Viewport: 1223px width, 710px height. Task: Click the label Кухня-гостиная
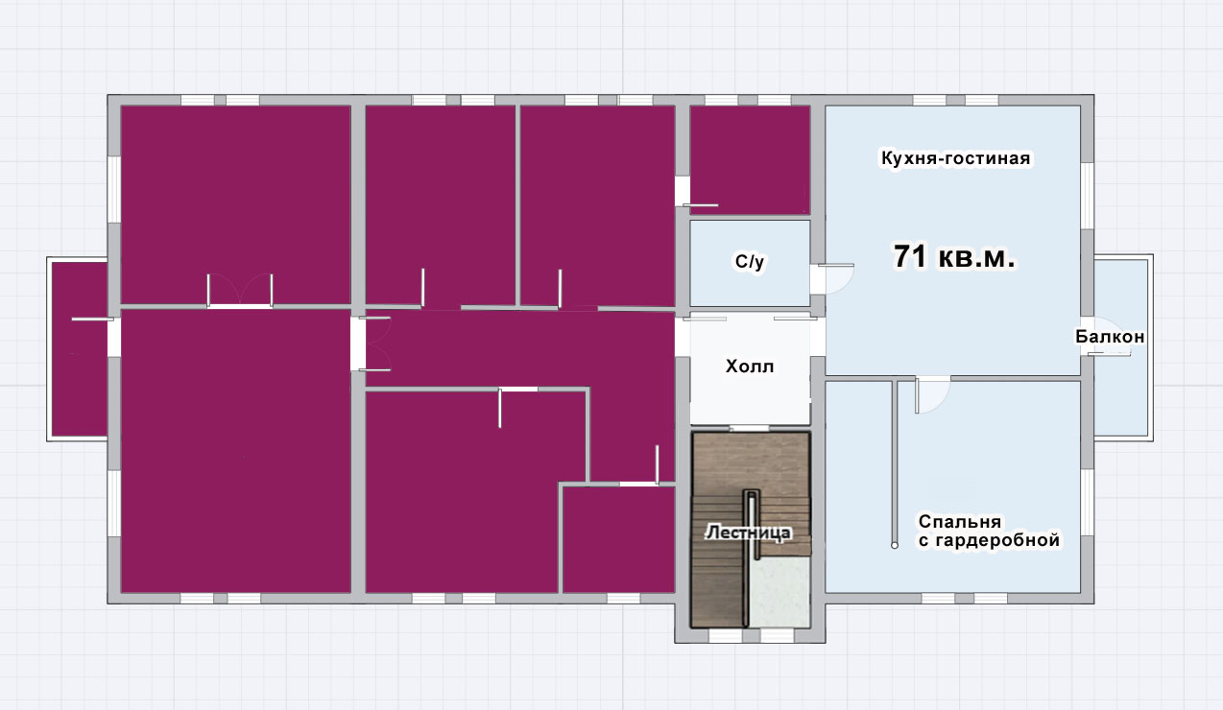[955, 158]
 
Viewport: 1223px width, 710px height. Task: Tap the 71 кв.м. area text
[954, 256]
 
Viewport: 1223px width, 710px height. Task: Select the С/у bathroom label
[750, 262]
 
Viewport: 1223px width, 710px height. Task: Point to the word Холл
[750, 366]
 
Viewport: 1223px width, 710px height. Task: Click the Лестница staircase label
[748, 532]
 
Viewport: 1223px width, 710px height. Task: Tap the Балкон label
[1110, 337]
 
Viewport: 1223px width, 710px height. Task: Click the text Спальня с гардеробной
[989, 531]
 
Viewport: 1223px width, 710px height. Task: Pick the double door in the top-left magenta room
[240, 290]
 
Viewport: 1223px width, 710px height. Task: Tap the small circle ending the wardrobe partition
[895, 545]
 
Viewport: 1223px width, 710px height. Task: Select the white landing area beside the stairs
[779, 592]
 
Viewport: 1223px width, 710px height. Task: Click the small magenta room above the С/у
[750, 159]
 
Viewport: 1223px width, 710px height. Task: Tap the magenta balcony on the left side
[79, 349]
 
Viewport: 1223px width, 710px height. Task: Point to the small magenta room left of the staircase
[618, 539]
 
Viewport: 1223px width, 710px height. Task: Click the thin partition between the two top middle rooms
[517, 205]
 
